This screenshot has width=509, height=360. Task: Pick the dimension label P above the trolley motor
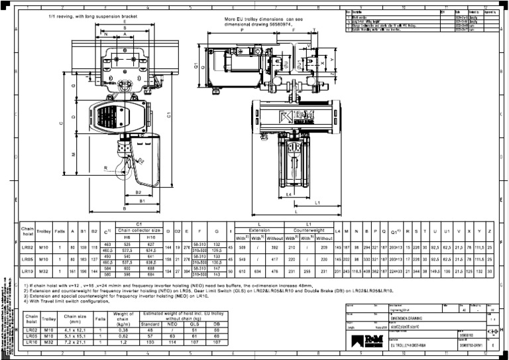pyautogui.click(x=243, y=30)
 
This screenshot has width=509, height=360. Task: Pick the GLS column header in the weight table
pyautogui.click(x=195, y=325)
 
